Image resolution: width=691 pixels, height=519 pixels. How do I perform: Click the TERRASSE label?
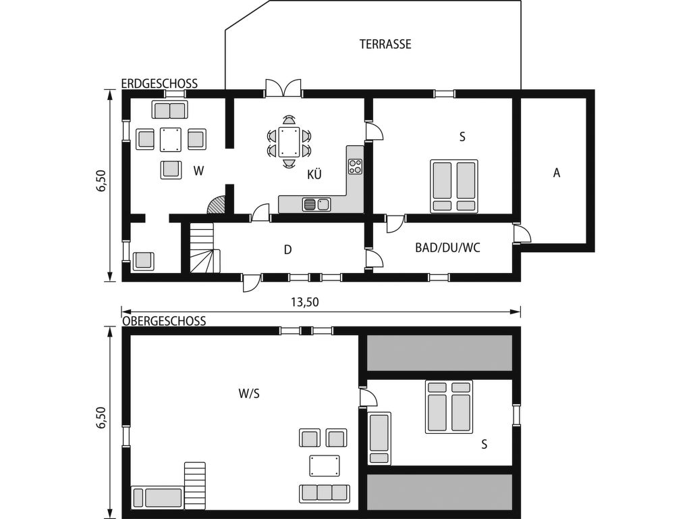385,44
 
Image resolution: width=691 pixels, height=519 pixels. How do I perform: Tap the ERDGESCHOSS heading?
159,83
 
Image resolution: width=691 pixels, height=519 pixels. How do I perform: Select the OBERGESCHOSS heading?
164,321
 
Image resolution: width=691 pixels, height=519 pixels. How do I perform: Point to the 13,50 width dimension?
304,302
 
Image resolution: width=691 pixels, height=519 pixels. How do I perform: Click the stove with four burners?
355,166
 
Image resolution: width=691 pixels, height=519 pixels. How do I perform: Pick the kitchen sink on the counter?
316,204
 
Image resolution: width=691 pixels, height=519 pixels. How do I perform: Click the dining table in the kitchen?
288,142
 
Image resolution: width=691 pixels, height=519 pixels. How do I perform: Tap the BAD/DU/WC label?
447,247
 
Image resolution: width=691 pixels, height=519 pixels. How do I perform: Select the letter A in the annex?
557,173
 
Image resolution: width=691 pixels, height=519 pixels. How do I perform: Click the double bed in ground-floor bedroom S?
454,186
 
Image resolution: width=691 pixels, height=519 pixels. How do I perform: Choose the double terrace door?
283,89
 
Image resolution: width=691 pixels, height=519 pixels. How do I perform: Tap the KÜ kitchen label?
314,175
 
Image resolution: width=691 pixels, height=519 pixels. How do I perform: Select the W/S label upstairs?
249,394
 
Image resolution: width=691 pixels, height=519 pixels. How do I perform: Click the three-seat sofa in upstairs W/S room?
324,493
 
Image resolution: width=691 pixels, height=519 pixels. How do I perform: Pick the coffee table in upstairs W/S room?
325,466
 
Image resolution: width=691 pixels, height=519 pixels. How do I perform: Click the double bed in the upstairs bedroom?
449,406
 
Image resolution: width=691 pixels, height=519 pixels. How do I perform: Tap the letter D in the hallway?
287,250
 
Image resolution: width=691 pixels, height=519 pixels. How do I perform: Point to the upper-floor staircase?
195,485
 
